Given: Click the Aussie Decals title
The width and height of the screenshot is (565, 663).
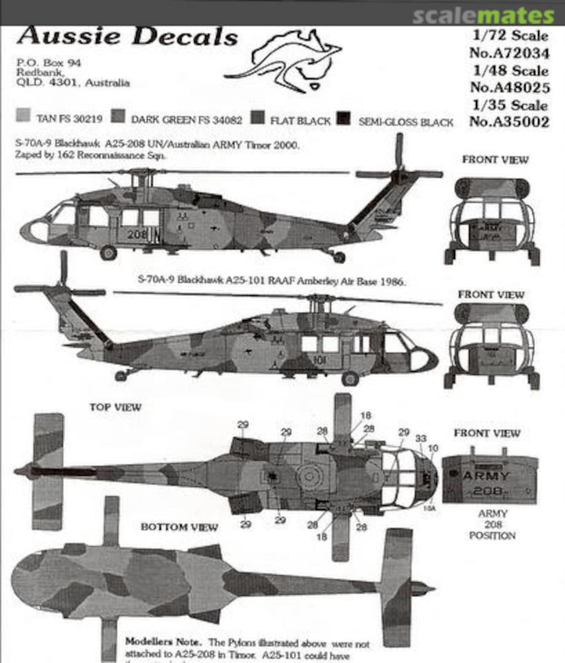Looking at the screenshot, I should tap(127, 37).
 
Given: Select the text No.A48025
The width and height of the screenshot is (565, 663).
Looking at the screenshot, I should tap(509, 87).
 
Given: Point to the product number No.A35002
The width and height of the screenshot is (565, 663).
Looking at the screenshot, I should tap(509, 122).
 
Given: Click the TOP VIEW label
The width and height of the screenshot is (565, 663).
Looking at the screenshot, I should tap(115, 407).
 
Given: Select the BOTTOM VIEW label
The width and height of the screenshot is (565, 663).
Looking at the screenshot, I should tap(179, 527).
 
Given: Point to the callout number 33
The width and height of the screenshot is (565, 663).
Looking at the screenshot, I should tap(421, 438).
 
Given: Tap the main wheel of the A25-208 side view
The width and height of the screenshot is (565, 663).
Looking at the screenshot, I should tap(109, 252).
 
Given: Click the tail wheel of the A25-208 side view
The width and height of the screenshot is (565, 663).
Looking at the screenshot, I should tap(338, 257).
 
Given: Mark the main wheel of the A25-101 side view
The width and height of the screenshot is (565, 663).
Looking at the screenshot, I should tap(350, 378).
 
